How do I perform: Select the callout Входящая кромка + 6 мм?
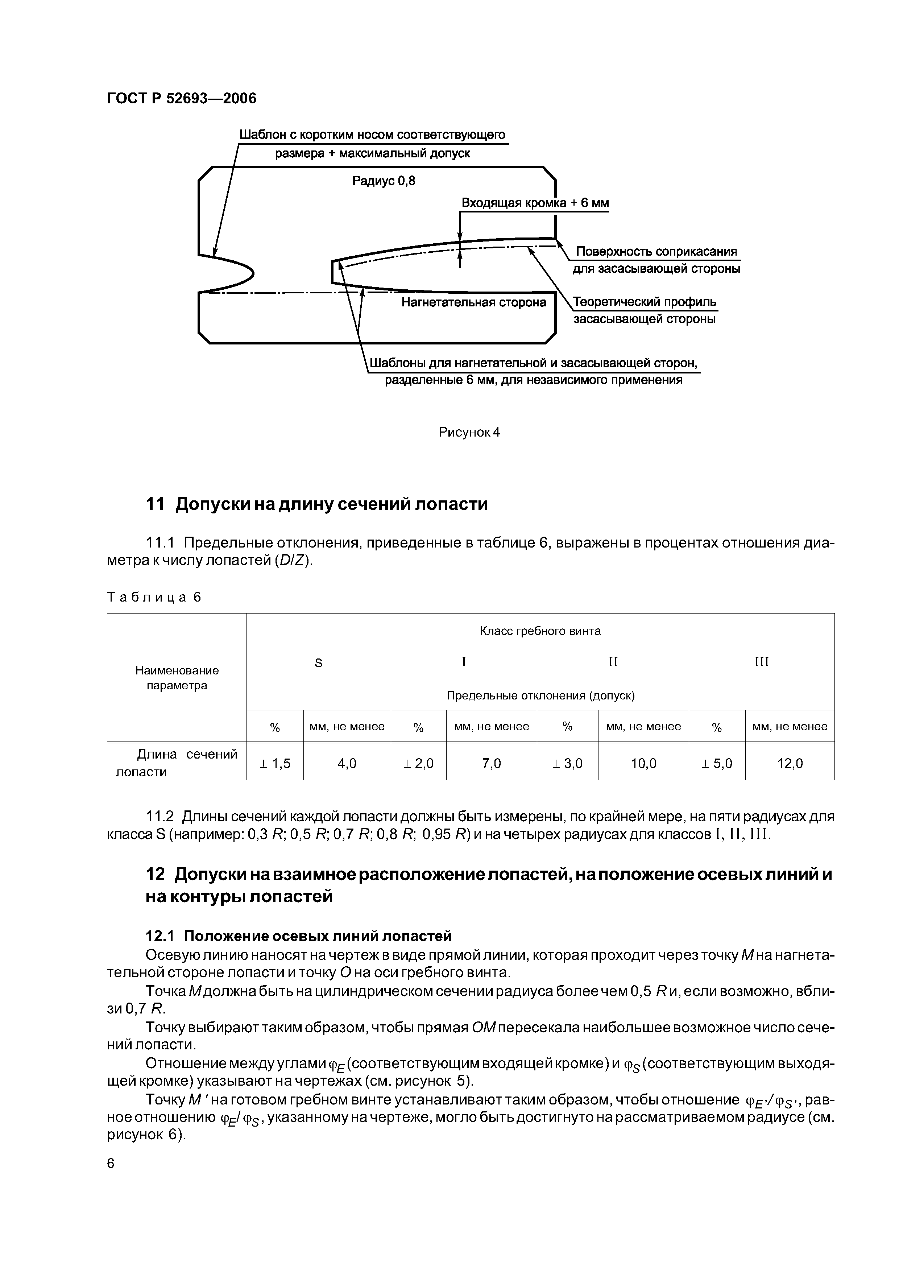[535, 203]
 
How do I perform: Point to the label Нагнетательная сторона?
[473, 302]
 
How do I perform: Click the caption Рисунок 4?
[469, 432]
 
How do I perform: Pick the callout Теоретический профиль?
[644, 302]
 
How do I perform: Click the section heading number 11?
[155, 504]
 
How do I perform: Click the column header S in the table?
[319, 662]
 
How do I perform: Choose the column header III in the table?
[761, 662]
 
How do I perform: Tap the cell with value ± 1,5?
[275, 763]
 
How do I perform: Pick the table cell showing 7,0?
[491, 763]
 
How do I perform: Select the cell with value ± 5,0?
[717, 763]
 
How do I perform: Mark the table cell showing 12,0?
[790, 763]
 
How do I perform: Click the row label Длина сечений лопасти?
[177, 763]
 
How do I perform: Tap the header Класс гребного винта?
[540, 631]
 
